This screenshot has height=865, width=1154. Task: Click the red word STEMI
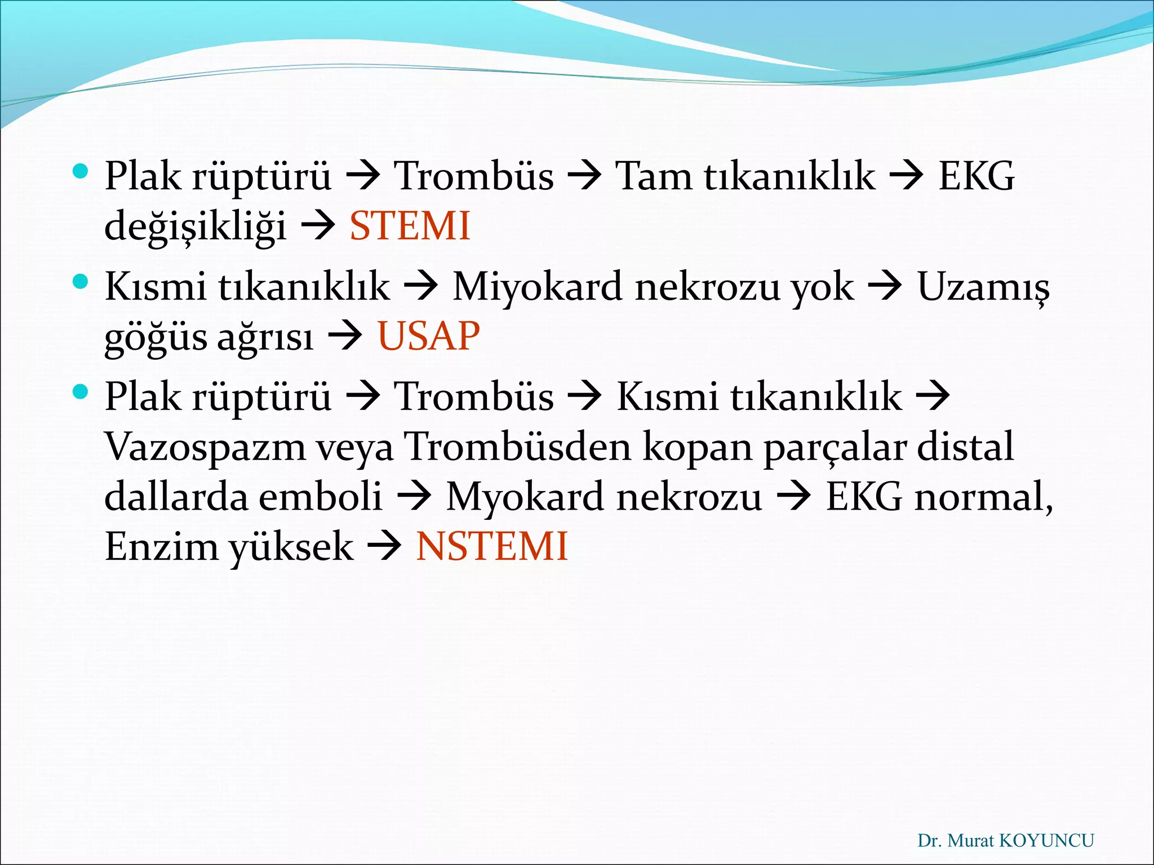[410, 226]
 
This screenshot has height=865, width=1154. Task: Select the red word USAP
[428, 336]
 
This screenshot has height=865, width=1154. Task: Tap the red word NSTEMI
[491, 546]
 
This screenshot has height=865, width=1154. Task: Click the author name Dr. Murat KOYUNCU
[1005, 841]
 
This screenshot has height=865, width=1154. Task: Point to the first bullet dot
[81, 171]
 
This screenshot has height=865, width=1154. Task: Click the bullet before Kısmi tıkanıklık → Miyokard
[81, 281]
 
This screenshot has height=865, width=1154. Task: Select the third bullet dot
[81, 391]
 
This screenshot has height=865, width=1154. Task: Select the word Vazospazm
[205, 447]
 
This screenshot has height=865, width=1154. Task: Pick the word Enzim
[162, 546]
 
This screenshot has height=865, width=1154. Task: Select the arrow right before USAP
[345, 337]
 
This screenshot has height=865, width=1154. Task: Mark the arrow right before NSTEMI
[384, 547]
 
